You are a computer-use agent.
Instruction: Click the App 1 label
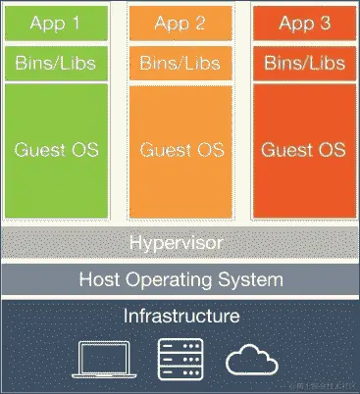point(56,24)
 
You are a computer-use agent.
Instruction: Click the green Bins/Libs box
point(56,64)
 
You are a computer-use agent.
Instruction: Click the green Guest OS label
point(56,151)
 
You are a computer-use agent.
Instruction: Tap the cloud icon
point(252,360)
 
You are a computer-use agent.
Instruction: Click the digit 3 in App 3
point(328,24)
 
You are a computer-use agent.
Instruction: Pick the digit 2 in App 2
point(203,24)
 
